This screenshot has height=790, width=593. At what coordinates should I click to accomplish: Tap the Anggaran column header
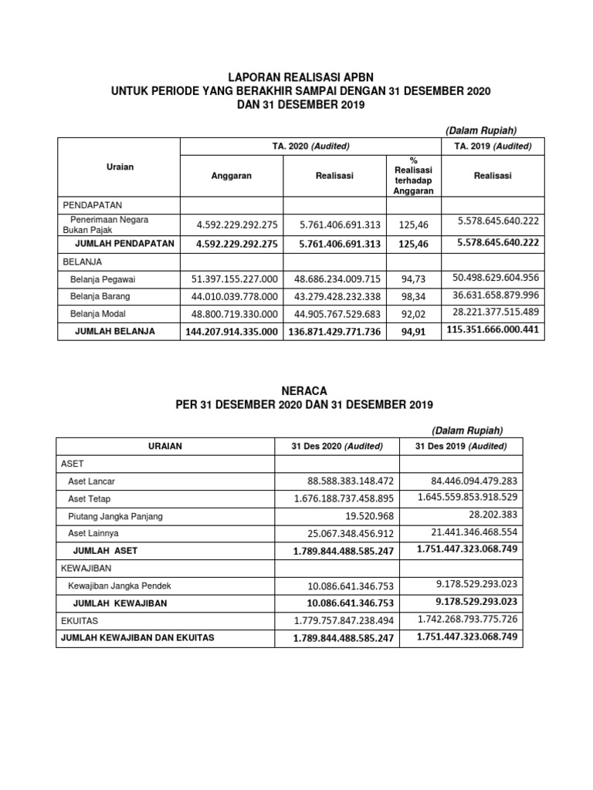[231, 176]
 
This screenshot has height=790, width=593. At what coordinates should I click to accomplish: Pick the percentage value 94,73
[413, 279]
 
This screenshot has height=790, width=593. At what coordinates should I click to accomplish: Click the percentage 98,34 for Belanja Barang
[413, 296]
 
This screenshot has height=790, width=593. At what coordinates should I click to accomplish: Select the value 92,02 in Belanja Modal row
[413, 314]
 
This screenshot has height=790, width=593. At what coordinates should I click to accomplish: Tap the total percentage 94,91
[413, 331]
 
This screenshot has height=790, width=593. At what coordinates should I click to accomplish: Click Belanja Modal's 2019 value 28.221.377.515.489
[496, 312]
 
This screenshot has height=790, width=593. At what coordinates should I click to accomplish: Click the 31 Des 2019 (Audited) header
[461, 446]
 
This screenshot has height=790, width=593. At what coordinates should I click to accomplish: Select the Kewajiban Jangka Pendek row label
[117, 586]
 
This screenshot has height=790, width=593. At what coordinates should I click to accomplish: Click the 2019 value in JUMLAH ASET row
[466, 549]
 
